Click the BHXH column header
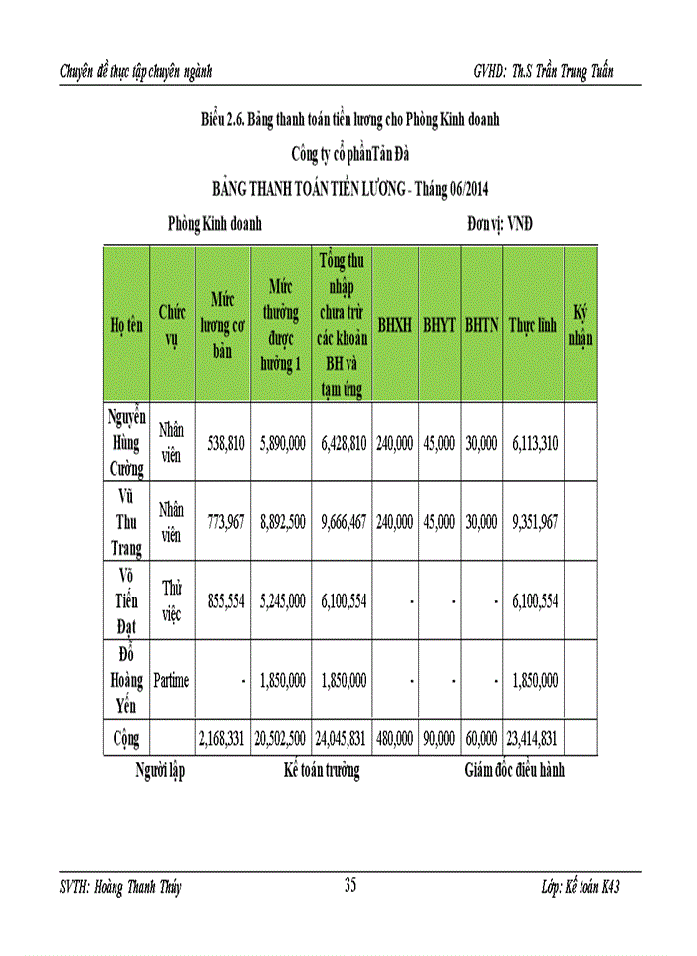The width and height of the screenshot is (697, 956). [395, 324]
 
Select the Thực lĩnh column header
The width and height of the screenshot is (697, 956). [533, 324]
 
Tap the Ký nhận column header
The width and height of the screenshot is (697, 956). [581, 324]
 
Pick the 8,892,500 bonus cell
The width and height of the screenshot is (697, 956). [280, 521]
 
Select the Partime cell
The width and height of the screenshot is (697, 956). [171, 680]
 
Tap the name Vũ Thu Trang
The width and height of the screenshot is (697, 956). [126, 521]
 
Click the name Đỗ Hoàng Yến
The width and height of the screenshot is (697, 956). [126, 680]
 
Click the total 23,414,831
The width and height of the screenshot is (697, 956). [532, 739]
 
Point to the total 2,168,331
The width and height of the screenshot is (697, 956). [222, 739]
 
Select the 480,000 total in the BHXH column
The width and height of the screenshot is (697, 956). [395, 739]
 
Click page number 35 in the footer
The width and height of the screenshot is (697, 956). [350, 884]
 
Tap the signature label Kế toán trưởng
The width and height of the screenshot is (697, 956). [321, 770]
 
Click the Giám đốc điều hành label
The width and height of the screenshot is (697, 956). [515, 770]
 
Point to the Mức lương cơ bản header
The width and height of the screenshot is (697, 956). [223, 324]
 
